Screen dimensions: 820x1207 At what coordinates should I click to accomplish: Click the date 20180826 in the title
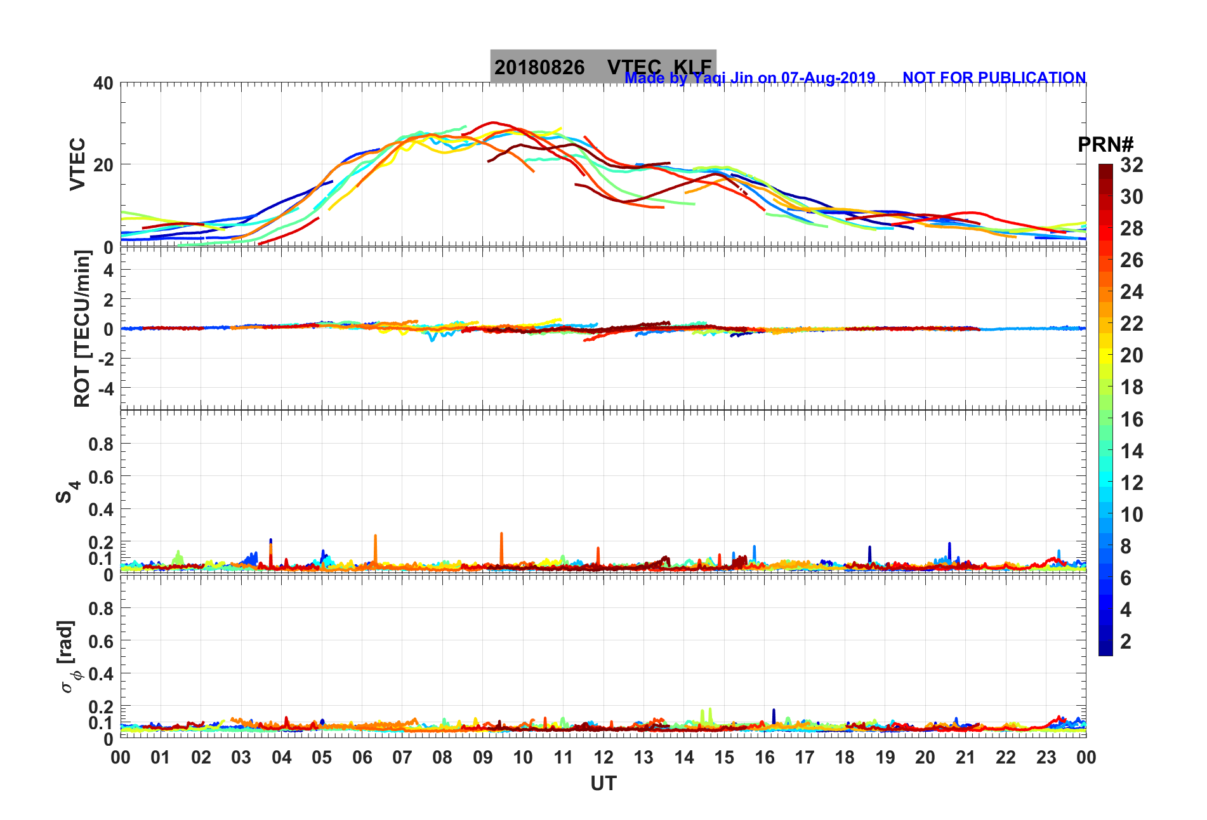[539, 67]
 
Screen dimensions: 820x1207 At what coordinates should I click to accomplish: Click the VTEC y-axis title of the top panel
[77, 164]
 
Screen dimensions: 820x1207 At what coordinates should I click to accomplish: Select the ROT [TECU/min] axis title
[82, 328]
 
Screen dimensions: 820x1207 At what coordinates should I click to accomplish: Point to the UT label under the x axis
[603, 784]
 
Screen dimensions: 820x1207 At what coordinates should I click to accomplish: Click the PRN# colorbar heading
[1105, 145]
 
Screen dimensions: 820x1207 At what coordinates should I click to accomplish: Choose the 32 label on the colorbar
[1131, 165]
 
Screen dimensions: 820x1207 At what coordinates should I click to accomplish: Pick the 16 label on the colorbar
[1131, 419]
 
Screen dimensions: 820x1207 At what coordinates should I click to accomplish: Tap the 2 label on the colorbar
[1126, 641]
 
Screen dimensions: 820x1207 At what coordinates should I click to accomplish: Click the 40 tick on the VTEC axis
[103, 83]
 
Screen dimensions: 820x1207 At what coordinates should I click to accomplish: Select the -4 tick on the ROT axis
[106, 388]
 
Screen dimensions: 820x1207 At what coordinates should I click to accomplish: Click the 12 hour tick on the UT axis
[603, 757]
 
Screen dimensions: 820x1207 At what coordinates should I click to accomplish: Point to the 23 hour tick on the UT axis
[1046, 757]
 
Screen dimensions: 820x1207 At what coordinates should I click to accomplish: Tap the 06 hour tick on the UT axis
[362, 757]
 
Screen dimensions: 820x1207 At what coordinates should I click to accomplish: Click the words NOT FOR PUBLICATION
[994, 77]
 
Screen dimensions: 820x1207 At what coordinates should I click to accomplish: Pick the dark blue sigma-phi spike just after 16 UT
[774, 715]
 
